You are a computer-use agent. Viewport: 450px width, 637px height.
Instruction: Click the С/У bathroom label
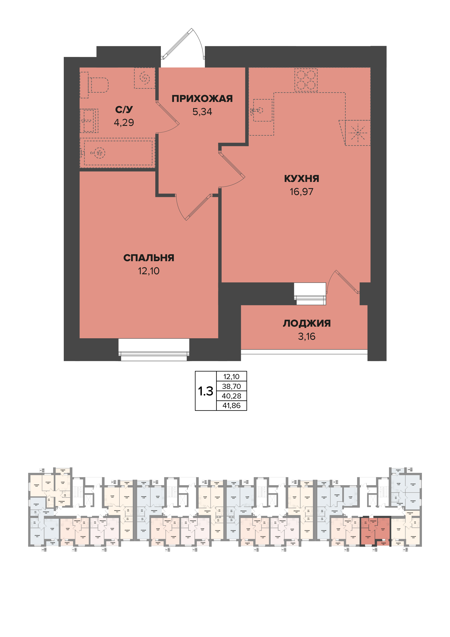[124, 110]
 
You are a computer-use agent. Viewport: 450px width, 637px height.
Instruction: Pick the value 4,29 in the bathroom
[124, 122]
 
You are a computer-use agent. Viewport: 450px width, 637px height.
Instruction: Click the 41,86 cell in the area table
[231, 406]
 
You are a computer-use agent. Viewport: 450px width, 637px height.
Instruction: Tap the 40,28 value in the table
[231, 396]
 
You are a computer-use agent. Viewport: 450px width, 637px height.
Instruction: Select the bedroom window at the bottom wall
[154, 354]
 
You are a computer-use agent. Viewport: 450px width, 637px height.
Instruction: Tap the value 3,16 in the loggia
[307, 336]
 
